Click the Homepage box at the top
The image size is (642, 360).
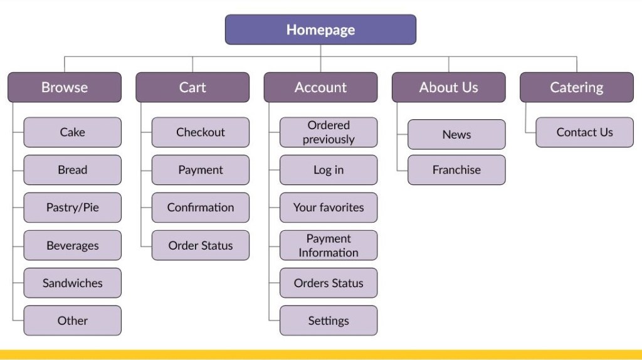pos(320,29)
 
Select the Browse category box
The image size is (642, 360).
pos(65,87)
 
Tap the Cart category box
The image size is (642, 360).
pos(192,87)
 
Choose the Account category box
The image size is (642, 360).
pos(320,87)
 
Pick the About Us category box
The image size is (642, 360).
pos(448,87)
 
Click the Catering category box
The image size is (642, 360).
pos(576,87)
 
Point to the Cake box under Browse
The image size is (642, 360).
pos(73,132)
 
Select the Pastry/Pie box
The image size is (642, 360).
pos(73,208)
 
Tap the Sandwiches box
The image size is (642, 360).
pos(73,283)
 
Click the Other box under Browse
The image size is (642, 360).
pos(73,320)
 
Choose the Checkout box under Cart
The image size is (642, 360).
pos(201,132)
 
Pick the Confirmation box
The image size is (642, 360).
pos(201,208)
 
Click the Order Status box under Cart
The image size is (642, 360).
pos(201,245)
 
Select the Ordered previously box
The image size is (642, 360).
pos(329,132)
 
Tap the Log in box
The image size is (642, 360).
pos(329,170)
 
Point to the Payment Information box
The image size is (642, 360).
pos(329,245)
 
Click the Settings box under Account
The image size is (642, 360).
pos(329,320)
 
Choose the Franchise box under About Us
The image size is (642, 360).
pos(456,170)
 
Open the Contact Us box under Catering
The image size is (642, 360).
pos(584,132)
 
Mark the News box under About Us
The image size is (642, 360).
pos(456,134)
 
